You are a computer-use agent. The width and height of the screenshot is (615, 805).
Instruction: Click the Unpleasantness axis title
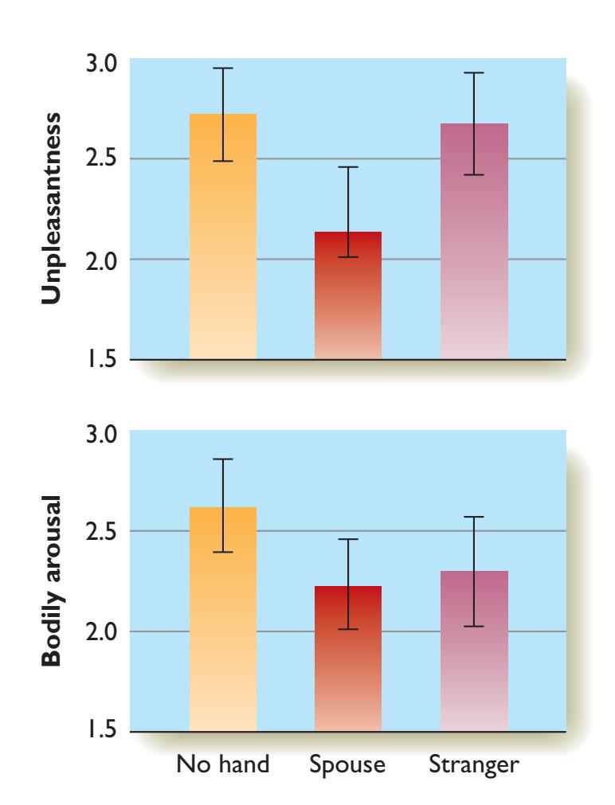(x=51, y=206)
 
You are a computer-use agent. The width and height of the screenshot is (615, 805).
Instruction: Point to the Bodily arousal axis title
(x=51, y=584)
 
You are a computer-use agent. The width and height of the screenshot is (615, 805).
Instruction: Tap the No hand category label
(x=223, y=767)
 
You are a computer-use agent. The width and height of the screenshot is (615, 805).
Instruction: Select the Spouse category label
(x=348, y=768)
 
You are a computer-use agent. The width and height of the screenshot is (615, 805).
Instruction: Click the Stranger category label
(x=474, y=768)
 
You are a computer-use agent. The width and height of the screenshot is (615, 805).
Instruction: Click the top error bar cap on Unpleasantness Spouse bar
(x=348, y=167)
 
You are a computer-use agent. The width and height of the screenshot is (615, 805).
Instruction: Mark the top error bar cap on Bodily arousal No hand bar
(x=223, y=459)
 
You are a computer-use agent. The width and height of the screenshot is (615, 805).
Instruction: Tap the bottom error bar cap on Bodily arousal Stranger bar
(x=474, y=627)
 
